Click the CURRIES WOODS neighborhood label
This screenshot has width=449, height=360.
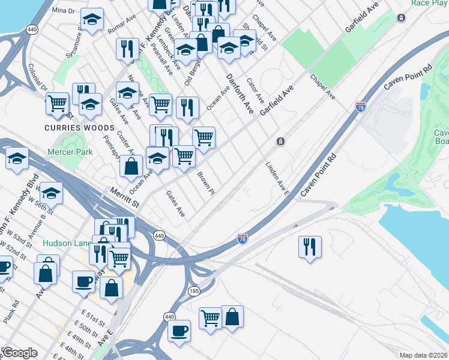79,128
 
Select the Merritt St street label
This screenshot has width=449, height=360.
124,197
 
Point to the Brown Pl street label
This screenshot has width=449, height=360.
206,184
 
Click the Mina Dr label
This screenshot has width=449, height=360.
63,11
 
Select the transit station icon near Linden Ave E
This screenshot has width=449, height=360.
280,141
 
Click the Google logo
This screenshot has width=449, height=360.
19,353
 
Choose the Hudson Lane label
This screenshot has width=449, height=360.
66,243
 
